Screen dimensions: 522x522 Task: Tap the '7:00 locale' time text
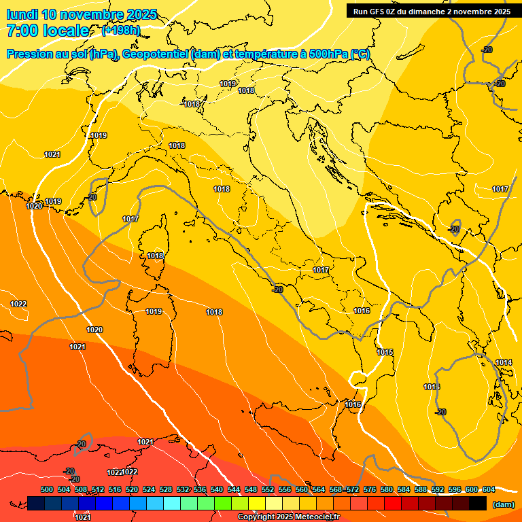(48, 31)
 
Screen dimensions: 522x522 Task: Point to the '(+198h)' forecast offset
(120, 31)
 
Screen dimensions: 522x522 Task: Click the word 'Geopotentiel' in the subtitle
(156, 54)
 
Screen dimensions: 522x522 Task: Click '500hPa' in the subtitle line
(328, 54)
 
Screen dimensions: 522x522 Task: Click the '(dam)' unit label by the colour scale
(503, 504)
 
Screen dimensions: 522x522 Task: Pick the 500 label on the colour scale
(47, 489)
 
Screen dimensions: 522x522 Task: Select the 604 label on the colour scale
(488, 489)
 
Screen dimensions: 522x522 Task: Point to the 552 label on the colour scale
(268, 489)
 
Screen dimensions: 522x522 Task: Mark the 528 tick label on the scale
(166, 489)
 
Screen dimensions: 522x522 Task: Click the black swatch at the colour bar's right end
(478, 503)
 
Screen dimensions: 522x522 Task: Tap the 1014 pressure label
(504, 362)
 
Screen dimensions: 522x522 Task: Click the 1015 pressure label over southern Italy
(385, 352)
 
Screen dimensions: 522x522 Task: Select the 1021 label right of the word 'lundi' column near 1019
(52, 154)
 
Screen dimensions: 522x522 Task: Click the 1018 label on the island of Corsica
(155, 256)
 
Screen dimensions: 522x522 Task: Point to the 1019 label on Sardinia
(154, 311)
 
